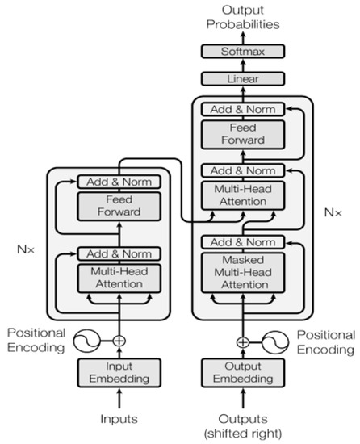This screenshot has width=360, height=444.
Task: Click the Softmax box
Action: [242, 51]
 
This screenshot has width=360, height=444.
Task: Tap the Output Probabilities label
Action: [242, 16]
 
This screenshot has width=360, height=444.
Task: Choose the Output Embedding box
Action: [242, 374]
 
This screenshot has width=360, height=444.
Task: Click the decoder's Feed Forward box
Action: [242, 135]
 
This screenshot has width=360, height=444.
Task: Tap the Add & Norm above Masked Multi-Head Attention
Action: [242, 242]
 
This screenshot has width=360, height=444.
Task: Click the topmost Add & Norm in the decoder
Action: [242, 109]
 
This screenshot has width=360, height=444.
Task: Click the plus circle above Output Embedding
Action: [242, 341]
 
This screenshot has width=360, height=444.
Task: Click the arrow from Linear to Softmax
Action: [242, 66]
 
